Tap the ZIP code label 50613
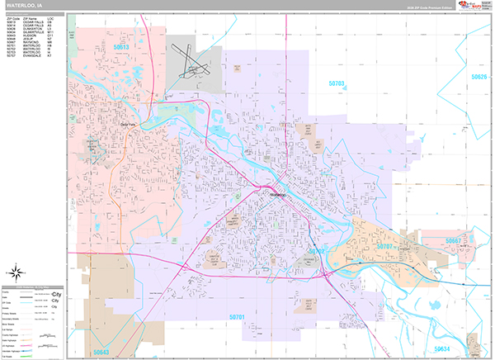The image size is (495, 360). click(121, 48)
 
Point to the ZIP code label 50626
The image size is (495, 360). click(479, 77)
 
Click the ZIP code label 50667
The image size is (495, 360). click(453, 241)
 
